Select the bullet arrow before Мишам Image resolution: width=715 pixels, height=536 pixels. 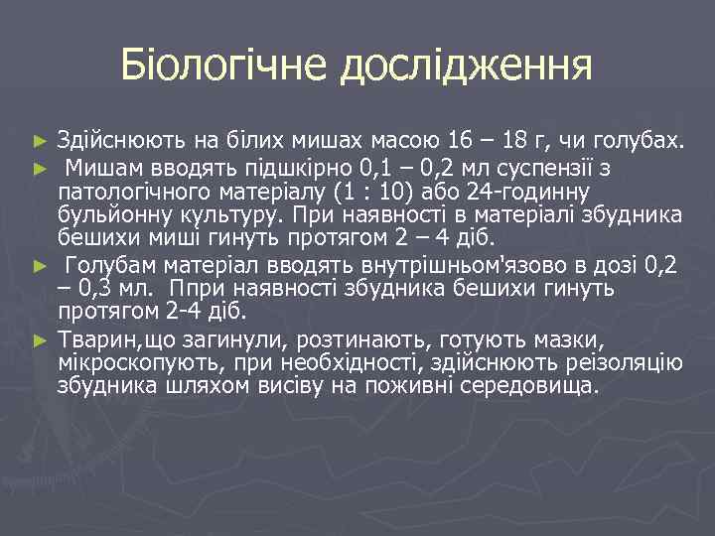(x=39, y=168)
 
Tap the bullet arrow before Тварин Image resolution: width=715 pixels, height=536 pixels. (x=39, y=338)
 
